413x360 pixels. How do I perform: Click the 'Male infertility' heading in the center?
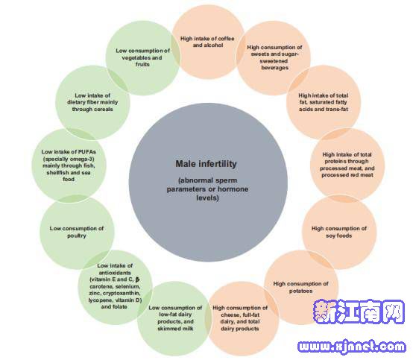click(x=206, y=164)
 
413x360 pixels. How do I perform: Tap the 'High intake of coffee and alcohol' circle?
click(x=208, y=42)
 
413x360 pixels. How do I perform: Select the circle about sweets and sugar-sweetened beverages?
click(x=274, y=57)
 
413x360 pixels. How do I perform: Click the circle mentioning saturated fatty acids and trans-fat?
click(x=324, y=102)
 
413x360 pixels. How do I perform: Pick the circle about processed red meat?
click(x=347, y=165)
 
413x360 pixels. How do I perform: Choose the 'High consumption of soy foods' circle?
click(x=339, y=232)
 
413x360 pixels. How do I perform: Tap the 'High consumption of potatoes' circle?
click(x=301, y=287)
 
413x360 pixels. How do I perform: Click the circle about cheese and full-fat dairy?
click(x=241, y=318)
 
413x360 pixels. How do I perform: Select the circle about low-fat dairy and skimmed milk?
click(x=174, y=318)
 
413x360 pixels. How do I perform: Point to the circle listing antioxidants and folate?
click(x=115, y=287)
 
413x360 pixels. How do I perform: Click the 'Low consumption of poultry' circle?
click(x=77, y=232)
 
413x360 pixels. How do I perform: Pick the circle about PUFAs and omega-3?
click(x=69, y=165)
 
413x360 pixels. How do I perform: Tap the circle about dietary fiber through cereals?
click(x=92, y=102)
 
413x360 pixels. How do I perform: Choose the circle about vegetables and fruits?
click(x=142, y=57)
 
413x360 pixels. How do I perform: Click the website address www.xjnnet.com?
click(x=352, y=346)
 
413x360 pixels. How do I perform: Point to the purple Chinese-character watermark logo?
click(x=359, y=312)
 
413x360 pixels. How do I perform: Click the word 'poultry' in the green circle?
click(x=77, y=236)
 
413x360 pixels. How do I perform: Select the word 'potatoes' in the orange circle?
click(x=300, y=291)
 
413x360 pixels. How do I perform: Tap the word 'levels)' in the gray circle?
click(x=207, y=198)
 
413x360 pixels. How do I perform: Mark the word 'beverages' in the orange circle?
click(x=275, y=68)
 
